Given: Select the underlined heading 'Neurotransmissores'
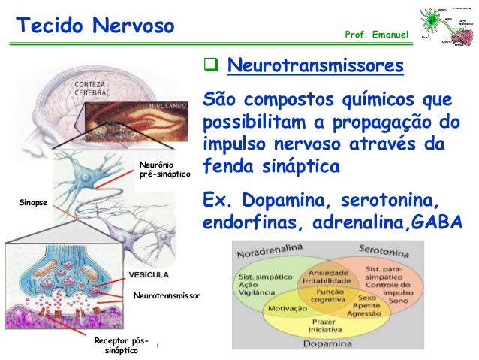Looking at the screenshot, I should coord(315,68).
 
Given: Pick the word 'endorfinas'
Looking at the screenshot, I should coord(245,224).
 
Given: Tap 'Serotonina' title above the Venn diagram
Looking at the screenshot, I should coord(383,248).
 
